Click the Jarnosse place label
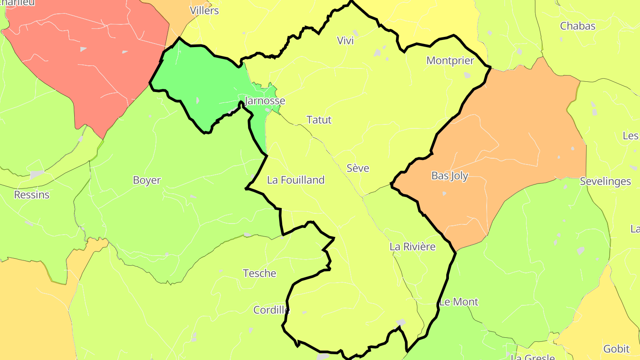[x=265, y=101]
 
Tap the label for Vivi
[x=345, y=41]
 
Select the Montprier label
[x=450, y=61]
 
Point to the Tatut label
[x=319, y=120]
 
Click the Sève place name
[x=358, y=168]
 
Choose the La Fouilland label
[x=296, y=180]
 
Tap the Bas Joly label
[x=450, y=176]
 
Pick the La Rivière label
[x=412, y=247]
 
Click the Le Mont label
[x=459, y=302]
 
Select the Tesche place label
[x=260, y=273]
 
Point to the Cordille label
[x=272, y=310]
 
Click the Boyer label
[x=147, y=180]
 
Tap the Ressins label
[x=32, y=195]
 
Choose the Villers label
[x=204, y=11]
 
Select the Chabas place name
[x=578, y=26]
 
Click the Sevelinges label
[x=605, y=182]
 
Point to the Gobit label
[x=616, y=349]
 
